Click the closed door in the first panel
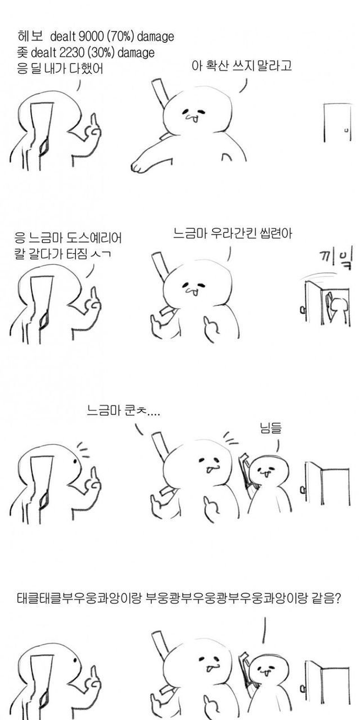pyautogui.click(x=336, y=123)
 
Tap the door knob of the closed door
pyautogui.click(x=346, y=130)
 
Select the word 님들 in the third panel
pyautogui.click(x=271, y=428)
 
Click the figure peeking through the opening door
pyautogui.click(x=337, y=309)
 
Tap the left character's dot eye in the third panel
pyautogui.click(x=75, y=461)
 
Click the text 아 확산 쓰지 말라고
pyautogui.click(x=241, y=66)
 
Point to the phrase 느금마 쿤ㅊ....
pyautogui.click(x=123, y=411)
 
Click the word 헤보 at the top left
pyautogui.click(x=30, y=37)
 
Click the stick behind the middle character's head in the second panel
pyautogui.click(x=160, y=266)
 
